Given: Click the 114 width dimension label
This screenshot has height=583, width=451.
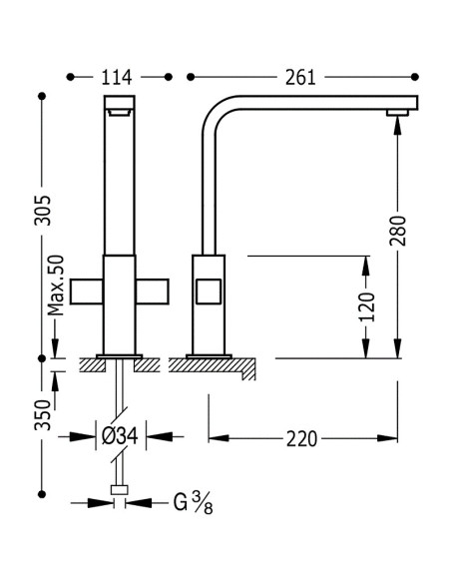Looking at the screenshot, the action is click(x=117, y=77).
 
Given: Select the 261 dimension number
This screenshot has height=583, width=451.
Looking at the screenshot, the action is click(x=300, y=77).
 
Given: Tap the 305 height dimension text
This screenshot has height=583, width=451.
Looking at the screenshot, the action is click(x=42, y=210).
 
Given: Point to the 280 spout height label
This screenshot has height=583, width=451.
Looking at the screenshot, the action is click(x=398, y=231).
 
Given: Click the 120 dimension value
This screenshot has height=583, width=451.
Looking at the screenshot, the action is click(x=367, y=306).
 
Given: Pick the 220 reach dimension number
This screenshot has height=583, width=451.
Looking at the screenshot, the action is click(x=301, y=438).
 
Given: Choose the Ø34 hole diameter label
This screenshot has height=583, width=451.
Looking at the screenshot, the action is click(x=120, y=436).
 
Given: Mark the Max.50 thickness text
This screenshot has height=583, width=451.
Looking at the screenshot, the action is click(x=57, y=286).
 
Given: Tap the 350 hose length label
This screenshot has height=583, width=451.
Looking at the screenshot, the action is click(x=42, y=415).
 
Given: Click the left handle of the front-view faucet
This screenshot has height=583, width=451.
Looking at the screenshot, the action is click(x=86, y=291).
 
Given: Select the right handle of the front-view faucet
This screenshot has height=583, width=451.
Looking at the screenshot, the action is click(x=153, y=291).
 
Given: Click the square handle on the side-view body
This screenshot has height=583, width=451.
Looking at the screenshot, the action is click(x=209, y=291).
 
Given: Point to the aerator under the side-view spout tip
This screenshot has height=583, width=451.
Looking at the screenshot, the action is click(x=397, y=113).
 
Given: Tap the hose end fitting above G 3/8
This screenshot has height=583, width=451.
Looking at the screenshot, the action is click(x=120, y=490).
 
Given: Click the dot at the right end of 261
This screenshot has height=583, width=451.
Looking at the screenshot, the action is click(x=415, y=77).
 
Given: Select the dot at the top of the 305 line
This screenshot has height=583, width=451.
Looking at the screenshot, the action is click(x=42, y=96).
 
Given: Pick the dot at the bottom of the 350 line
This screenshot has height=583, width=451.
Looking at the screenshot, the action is click(x=42, y=494).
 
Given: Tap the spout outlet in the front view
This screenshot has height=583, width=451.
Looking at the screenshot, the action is click(x=120, y=112).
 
